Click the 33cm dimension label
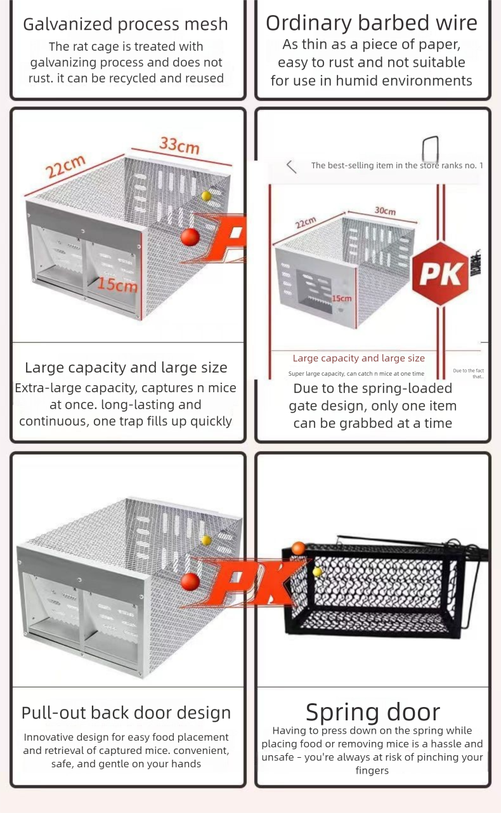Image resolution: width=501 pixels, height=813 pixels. pos(179,145)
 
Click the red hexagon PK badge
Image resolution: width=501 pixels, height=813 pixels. pos(440,274)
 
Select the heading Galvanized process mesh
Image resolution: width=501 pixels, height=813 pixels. pos(126,24)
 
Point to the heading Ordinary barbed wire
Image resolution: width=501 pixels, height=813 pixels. pos(372,23)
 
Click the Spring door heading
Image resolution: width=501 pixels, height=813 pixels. pos(372,712)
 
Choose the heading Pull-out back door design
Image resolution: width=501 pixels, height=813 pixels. pos(126,713)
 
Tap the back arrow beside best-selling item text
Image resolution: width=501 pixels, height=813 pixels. pos(291,166)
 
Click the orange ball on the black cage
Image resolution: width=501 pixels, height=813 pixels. pos(299,548)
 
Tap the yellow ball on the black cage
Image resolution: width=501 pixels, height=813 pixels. pos(318,572)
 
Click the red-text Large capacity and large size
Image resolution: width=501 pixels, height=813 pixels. pos(358,359)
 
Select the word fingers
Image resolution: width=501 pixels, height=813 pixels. pos(372,770)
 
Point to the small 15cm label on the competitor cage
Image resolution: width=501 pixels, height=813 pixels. pos(341,298)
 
